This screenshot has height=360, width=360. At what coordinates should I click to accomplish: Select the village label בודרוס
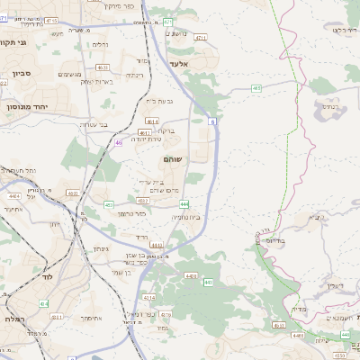(275, 240)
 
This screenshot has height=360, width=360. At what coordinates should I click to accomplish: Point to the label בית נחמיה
(186, 216)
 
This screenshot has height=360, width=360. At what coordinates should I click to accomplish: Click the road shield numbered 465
(256, 87)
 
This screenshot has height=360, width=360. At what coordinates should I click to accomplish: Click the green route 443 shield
(209, 282)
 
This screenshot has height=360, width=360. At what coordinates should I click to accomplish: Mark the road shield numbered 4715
(51, 19)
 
